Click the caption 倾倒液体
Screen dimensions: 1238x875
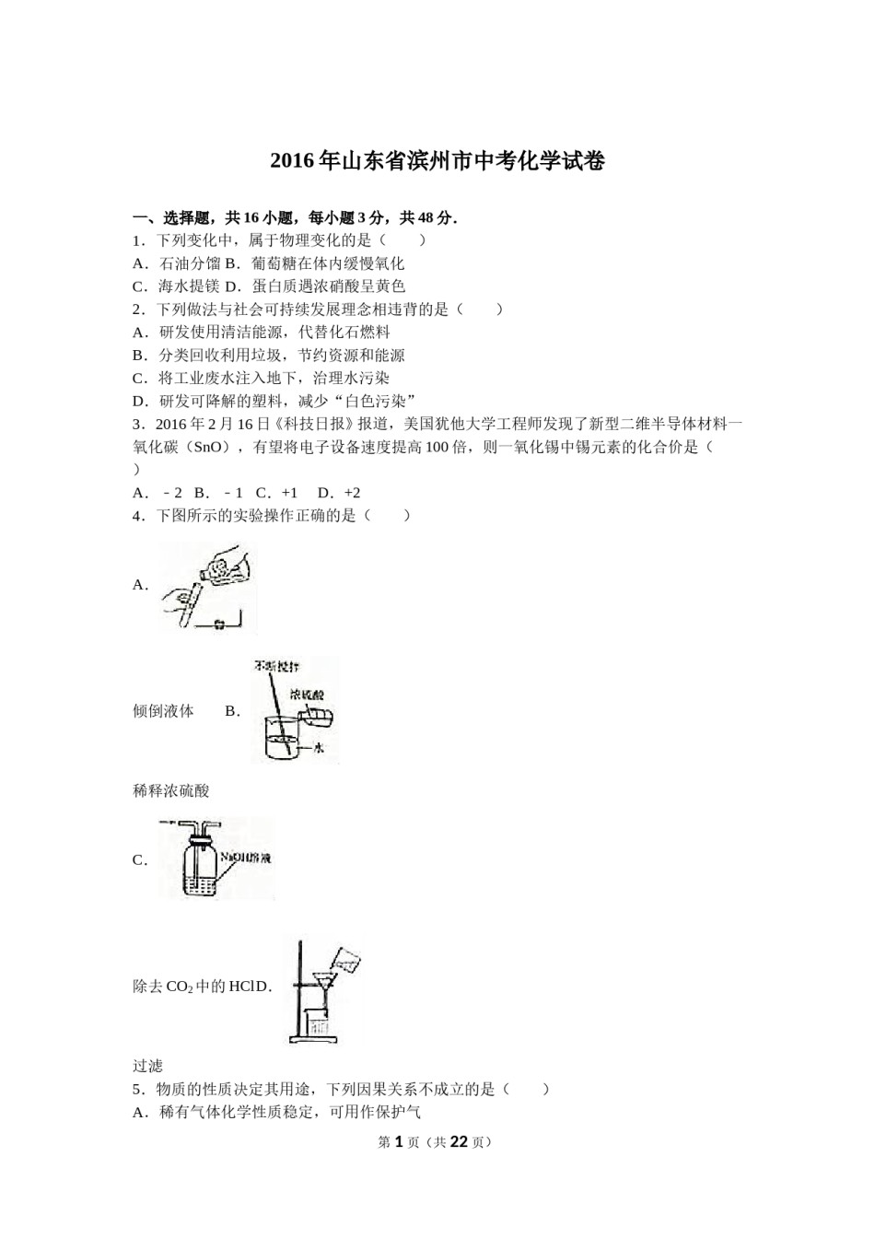[163, 711]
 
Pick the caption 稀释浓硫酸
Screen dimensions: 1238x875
[171, 791]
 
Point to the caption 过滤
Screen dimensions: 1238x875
[147, 1066]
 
